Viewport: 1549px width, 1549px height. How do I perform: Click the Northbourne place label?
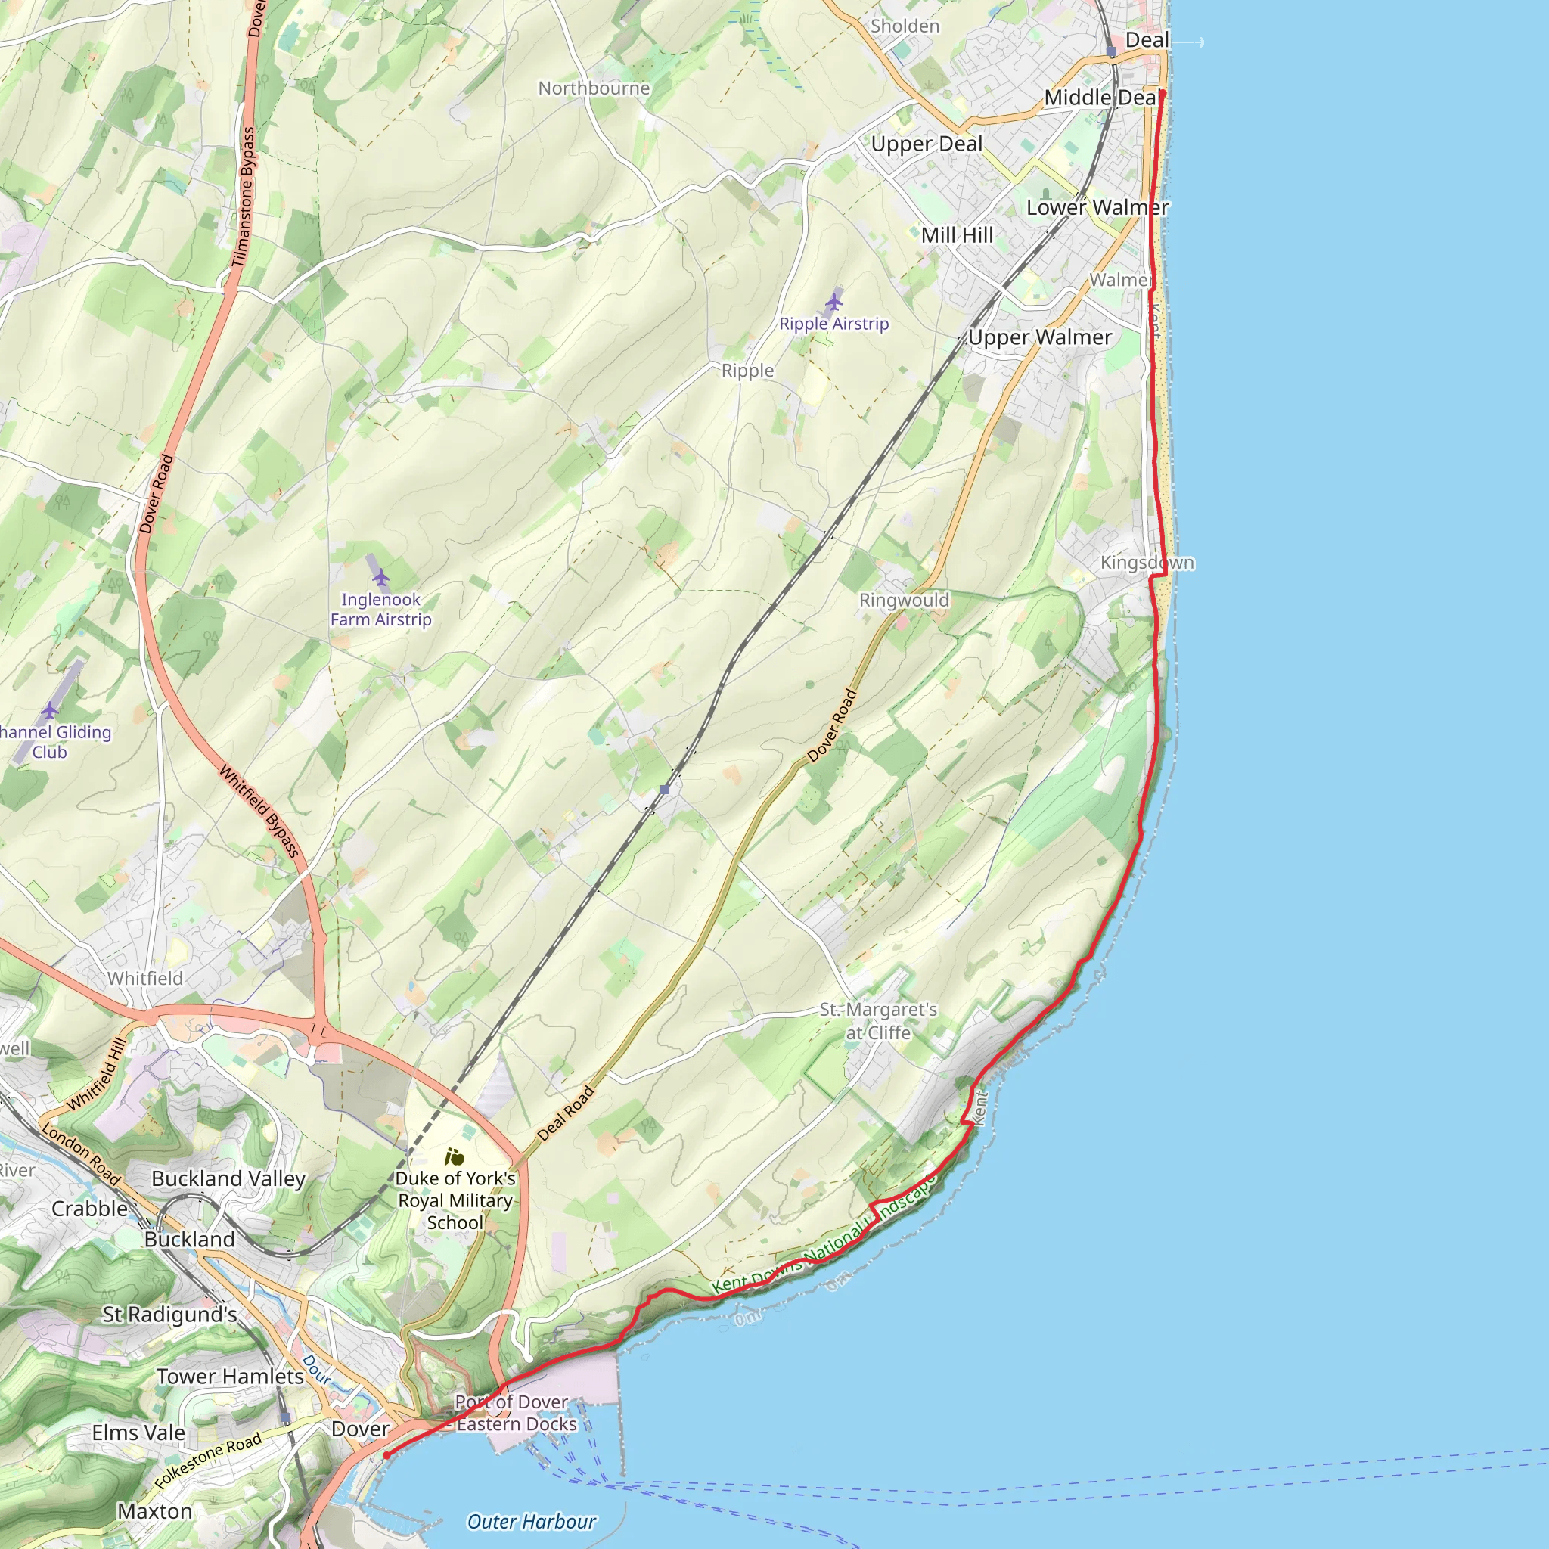tap(593, 88)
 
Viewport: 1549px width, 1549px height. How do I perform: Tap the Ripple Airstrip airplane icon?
tap(833, 303)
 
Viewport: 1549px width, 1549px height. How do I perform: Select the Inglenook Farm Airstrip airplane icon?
tap(381, 577)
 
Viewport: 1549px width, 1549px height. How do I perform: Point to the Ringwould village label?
tap(904, 600)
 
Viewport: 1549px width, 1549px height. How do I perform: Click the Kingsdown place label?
tap(1147, 563)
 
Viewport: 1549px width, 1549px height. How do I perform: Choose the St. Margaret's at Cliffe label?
tap(878, 1020)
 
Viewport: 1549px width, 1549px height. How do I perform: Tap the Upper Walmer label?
tap(1039, 337)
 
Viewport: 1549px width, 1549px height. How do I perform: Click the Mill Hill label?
tap(957, 235)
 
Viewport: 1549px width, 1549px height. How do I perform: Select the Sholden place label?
tap(905, 26)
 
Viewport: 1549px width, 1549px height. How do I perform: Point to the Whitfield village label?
tap(145, 978)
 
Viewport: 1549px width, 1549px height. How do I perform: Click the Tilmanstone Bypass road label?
tap(243, 197)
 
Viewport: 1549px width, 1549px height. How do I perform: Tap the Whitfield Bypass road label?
tap(259, 812)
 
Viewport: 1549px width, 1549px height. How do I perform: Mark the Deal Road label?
tap(566, 1113)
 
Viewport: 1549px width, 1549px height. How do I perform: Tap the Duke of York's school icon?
tap(455, 1157)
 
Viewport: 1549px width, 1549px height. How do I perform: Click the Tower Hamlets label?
tap(230, 1377)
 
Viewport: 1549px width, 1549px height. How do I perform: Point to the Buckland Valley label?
tap(228, 1178)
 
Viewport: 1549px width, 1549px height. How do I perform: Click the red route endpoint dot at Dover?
tap(386, 1455)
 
